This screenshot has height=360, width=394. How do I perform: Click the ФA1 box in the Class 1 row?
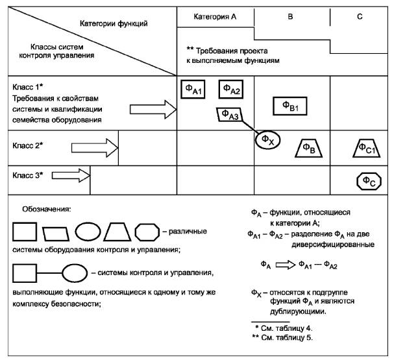[x=193, y=90]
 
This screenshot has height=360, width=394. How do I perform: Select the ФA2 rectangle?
[x=230, y=89]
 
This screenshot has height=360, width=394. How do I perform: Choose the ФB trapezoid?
[x=310, y=149]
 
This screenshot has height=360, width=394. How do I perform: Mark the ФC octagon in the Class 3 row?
[x=367, y=180]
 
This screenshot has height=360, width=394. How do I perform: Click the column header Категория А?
[x=215, y=16]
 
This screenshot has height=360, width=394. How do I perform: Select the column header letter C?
[x=360, y=16]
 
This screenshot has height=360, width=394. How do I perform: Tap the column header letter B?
[x=291, y=16]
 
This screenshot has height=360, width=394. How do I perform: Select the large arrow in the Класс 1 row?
[x=158, y=110]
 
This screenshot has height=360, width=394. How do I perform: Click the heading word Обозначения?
[x=47, y=210]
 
